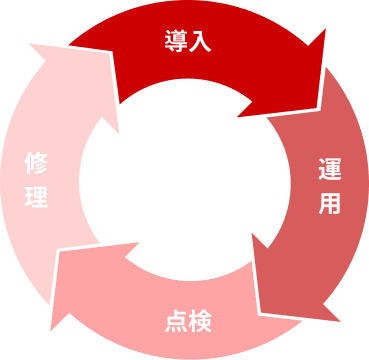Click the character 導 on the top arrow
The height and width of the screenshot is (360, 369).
(x=176, y=41)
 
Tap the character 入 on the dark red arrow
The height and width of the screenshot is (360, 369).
(x=199, y=41)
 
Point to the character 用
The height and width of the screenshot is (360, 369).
(x=329, y=202)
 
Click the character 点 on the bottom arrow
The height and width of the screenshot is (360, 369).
(x=175, y=321)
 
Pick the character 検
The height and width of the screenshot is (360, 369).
(x=200, y=321)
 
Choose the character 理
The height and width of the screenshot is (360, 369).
(x=36, y=196)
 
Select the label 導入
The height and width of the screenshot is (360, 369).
(x=188, y=41)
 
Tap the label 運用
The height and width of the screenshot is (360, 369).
(x=329, y=185)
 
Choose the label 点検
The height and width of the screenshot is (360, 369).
(x=188, y=321)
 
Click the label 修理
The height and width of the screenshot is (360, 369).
(x=36, y=180)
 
